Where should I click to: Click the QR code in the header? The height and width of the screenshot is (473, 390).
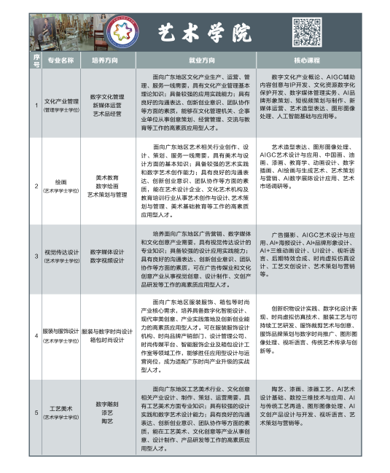click(x=304, y=29)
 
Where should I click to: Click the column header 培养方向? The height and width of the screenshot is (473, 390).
click(x=106, y=60)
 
